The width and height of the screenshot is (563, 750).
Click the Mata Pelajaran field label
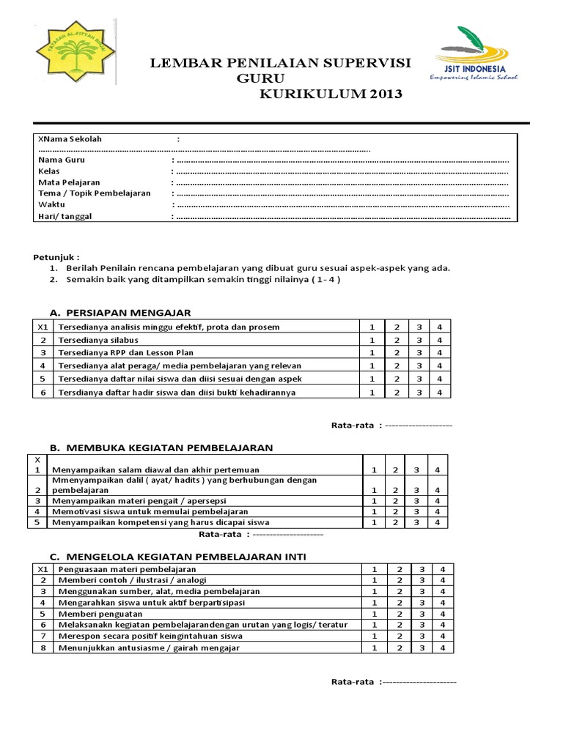[69, 182]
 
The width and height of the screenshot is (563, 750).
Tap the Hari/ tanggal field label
[65, 216]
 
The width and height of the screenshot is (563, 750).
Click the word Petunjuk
[56, 257]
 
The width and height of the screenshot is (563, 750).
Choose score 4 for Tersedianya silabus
[438, 340]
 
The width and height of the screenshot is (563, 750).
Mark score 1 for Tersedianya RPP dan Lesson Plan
[372, 353]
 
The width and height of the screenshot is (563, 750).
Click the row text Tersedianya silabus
[98, 340]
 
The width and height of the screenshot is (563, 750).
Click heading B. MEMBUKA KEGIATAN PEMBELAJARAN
[161, 447]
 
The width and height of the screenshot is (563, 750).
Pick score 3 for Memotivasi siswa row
[416, 511]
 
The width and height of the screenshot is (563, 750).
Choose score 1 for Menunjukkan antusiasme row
[374, 647]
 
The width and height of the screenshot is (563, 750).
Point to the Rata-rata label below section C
[353, 683]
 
